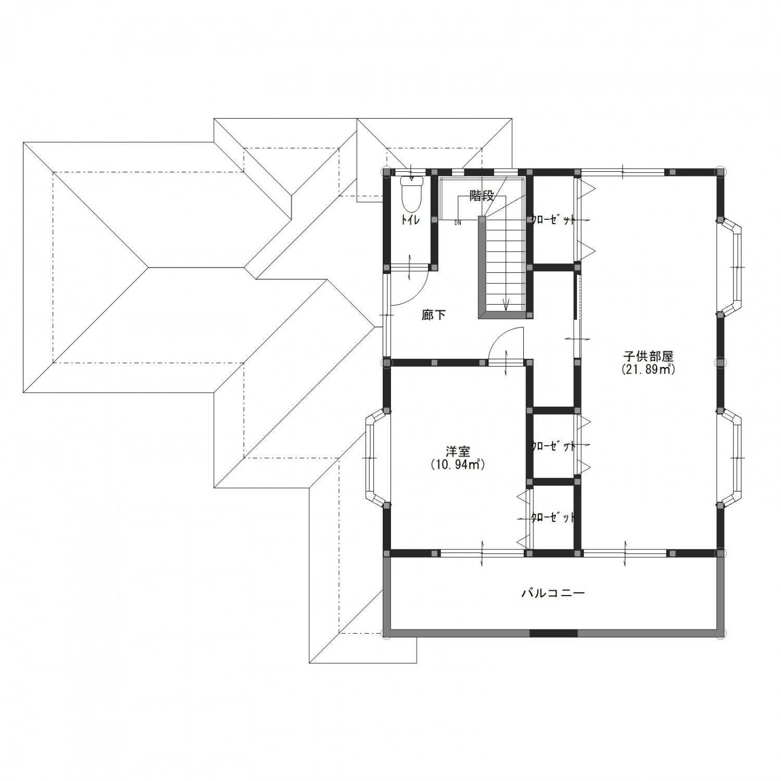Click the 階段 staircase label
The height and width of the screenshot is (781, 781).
[481, 196]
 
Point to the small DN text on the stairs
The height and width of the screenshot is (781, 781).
[457, 222]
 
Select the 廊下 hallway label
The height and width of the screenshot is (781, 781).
[434, 315]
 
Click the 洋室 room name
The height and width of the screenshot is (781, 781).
[458, 451]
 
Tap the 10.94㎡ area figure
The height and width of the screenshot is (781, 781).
[458, 464]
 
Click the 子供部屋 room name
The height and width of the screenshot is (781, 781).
[648, 357]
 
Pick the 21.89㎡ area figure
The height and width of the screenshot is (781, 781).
[648, 370]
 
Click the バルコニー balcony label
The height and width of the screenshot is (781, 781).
[553, 593]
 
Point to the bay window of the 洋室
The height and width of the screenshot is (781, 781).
[376, 457]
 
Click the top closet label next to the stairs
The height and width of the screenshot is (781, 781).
[553, 220]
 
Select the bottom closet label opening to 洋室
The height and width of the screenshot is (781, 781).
[553, 518]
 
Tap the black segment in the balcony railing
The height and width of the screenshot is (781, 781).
[553, 633]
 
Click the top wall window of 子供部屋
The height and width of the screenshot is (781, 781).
[623, 171]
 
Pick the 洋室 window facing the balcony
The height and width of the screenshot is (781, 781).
[483, 553]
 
